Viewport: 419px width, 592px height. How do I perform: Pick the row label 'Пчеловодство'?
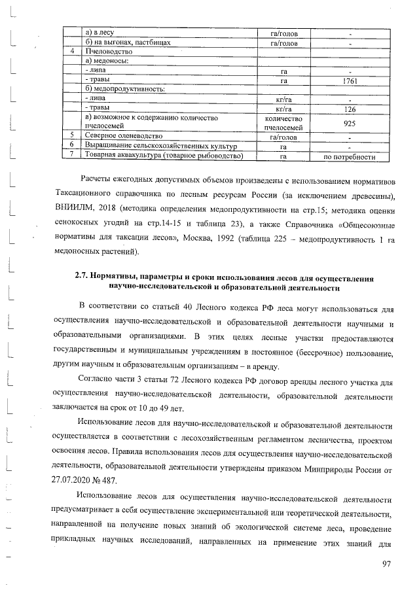[109, 51]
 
